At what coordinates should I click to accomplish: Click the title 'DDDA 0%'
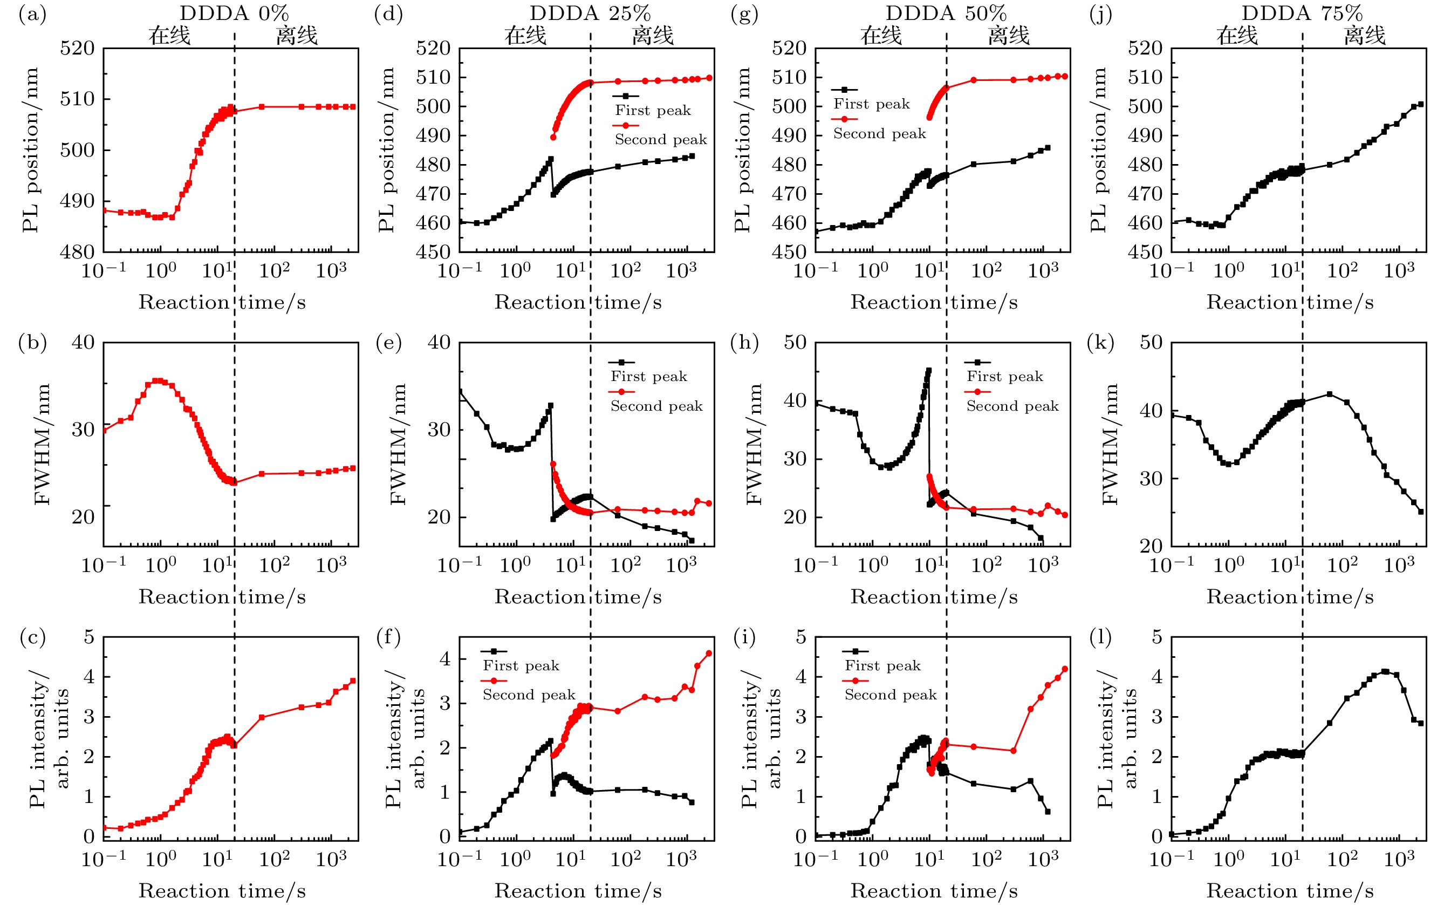[x=234, y=12]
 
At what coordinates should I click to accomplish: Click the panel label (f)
[x=389, y=637]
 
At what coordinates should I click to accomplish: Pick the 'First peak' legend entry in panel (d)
[x=652, y=110]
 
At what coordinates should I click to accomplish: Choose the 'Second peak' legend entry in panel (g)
[x=879, y=133]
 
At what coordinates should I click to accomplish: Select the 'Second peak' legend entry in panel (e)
[x=656, y=406]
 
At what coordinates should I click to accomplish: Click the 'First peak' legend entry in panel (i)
[x=882, y=665]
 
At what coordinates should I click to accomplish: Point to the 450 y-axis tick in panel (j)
[x=1145, y=252]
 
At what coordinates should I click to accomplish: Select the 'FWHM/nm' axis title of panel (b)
[x=42, y=444]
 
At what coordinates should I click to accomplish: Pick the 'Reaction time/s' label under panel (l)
[x=1290, y=890]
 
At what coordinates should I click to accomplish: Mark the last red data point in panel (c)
[x=353, y=681]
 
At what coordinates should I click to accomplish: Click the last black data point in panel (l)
[x=1421, y=723]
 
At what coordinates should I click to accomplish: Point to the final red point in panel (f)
[x=709, y=653]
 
